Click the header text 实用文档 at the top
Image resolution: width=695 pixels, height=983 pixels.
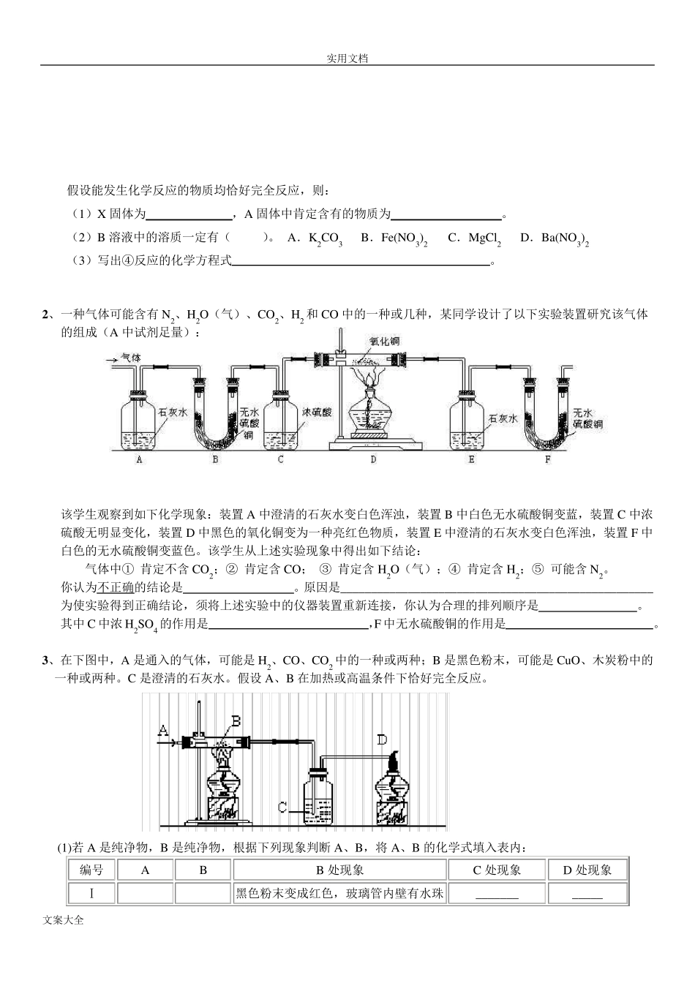(347, 59)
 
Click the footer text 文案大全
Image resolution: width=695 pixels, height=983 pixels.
(64, 920)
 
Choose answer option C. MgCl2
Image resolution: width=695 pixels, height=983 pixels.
(474, 238)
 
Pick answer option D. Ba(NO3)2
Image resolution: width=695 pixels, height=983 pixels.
(554, 238)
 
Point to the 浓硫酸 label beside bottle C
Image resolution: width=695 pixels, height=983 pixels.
(317, 413)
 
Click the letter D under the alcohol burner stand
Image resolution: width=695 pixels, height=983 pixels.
(373, 460)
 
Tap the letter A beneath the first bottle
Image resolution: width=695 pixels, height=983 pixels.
(139, 460)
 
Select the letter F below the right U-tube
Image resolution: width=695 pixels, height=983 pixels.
(548, 460)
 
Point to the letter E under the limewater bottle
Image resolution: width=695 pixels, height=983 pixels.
(472, 460)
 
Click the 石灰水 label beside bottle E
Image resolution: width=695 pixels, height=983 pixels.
(503, 418)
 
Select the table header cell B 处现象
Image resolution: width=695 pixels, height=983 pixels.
(339, 870)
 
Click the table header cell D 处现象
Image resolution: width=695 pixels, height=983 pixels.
(587, 870)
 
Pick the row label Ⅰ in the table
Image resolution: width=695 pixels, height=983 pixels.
(91, 893)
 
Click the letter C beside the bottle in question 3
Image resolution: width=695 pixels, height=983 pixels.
(282, 807)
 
